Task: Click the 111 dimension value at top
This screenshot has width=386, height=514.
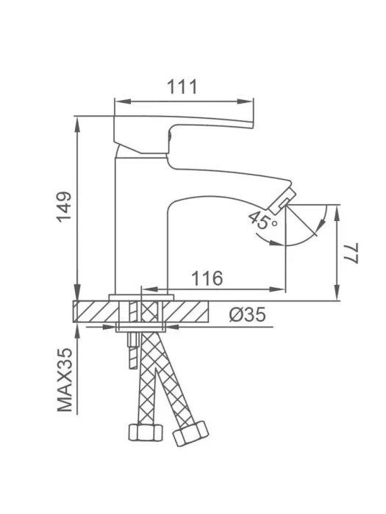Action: click(x=182, y=87)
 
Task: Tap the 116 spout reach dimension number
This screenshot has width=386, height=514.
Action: click(x=207, y=278)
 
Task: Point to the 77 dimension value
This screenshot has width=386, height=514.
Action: click(x=351, y=253)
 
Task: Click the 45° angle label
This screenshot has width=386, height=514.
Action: click(x=262, y=220)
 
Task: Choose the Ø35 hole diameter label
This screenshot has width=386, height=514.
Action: click(x=248, y=315)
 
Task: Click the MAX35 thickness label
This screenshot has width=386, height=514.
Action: click(x=65, y=380)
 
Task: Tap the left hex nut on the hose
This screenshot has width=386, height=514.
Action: click(x=145, y=432)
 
